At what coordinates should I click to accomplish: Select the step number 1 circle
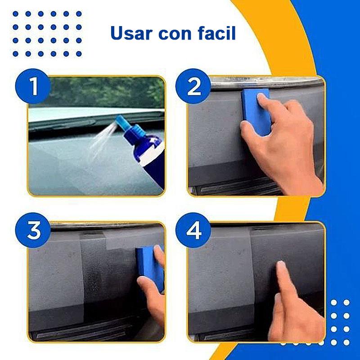(x=33, y=86)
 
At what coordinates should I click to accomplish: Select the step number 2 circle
(x=193, y=86)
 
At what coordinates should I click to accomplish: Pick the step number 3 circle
(x=33, y=230)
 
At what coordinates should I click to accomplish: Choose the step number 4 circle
(x=193, y=230)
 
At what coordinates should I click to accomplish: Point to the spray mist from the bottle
(x=101, y=140)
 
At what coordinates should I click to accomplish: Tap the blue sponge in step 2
(x=256, y=112)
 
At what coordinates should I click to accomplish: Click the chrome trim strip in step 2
(x=266, y=81)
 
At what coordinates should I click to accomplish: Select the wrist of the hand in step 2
(x=306, y=179)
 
